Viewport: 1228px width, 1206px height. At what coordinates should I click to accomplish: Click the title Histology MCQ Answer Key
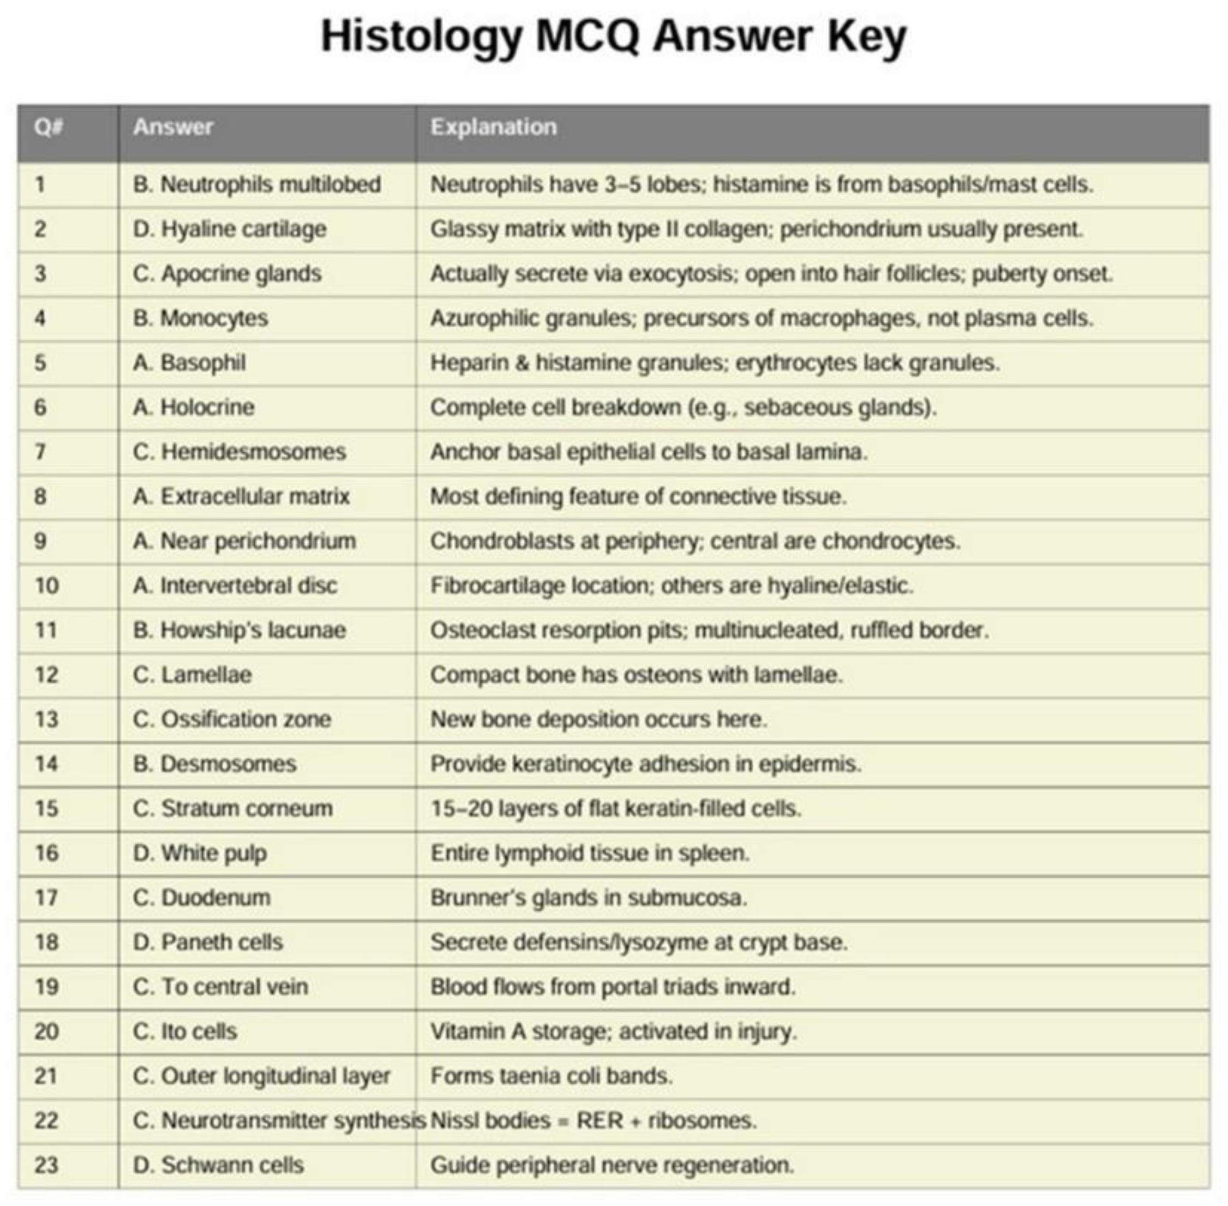coord(613,37)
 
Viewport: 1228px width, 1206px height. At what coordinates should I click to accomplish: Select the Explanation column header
coord(493,127)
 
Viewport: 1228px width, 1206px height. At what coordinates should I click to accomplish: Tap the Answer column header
coord(173,127)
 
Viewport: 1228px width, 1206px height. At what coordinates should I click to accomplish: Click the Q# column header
coord(49,127)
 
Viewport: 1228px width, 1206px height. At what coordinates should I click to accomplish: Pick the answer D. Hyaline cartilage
coord(229,229)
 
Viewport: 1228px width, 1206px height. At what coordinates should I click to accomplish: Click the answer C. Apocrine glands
coord(227,274)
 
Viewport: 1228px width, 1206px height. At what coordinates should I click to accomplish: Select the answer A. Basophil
coord(189,363)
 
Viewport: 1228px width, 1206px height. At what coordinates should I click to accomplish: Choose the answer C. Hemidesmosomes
coord(239,452)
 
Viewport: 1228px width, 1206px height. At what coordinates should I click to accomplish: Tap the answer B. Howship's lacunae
coord(239,630)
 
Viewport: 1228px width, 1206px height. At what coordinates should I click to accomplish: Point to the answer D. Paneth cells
coord(207,943)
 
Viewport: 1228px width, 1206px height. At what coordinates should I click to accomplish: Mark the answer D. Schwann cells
coord(218,1166)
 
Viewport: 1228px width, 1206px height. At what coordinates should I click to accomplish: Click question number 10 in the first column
coord(46,586)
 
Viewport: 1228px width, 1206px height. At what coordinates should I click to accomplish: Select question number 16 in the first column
coord(46,853)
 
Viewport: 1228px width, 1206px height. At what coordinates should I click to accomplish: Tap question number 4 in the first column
coord(40,319)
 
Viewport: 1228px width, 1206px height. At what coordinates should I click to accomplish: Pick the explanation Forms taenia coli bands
coord(552,1076)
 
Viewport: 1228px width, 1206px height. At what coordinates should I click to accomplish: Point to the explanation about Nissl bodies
coord(593,1120)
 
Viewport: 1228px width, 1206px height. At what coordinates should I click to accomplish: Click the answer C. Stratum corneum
coord(232,809)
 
